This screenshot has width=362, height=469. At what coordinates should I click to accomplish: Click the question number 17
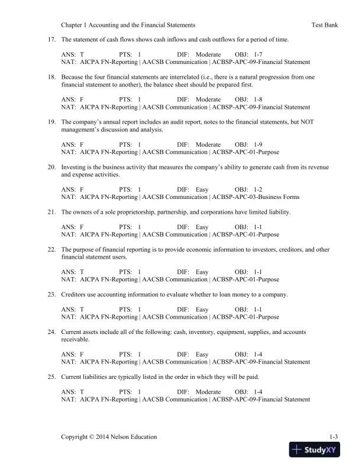[x=51, y=39]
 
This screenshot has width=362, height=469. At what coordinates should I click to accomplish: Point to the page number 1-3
[x=333, y=437]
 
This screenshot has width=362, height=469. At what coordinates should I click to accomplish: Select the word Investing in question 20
[x=73, y=167]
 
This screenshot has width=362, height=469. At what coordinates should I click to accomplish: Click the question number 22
[x=51, y=250]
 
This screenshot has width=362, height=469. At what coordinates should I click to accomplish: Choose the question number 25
[x=51, y=377]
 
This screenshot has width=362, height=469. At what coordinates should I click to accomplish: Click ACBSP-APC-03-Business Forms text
[x=256, y=197]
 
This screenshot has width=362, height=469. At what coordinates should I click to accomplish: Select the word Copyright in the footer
[x=75, y=437]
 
